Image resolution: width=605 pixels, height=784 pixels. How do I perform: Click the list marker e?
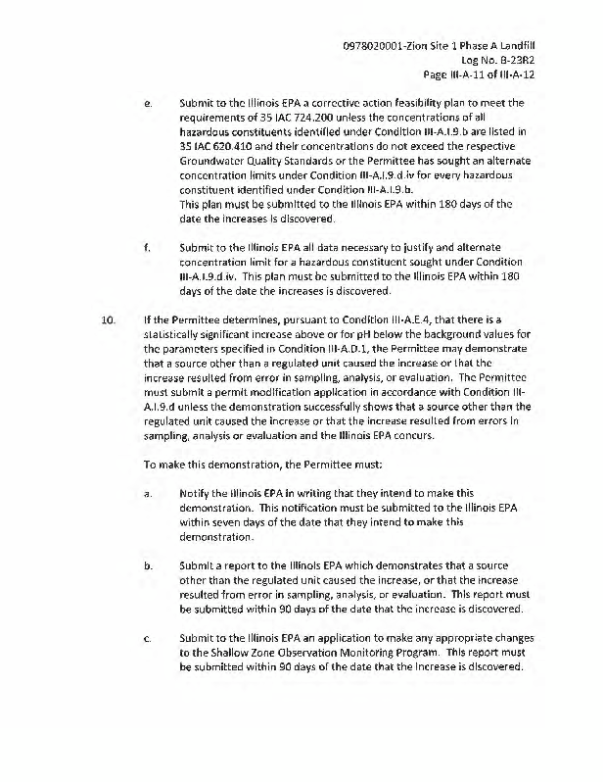146,103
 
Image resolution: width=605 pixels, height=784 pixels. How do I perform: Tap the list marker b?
147,566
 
